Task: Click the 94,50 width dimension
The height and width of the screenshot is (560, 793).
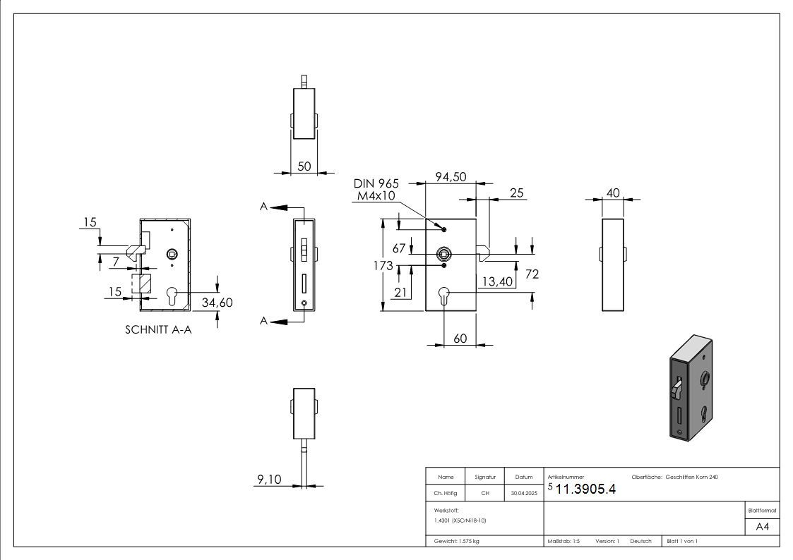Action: [x=451, y=178]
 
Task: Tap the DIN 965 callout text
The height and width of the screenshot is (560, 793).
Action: [x=376, y=183]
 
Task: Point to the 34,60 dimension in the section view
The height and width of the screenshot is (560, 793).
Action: [x=217, y=303]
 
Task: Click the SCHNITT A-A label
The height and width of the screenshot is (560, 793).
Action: [x=158, y=330]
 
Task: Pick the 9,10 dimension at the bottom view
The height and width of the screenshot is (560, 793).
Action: [x=268, y=480]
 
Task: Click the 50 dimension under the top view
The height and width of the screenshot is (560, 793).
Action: [x=304, y=166]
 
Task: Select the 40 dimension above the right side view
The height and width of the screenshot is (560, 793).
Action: [x=613, y=193]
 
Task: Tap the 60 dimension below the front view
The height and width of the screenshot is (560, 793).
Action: [x=460, y=339]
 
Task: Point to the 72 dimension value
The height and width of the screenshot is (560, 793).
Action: [x=532, y=274]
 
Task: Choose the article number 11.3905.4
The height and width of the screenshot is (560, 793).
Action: [x=586, y=490]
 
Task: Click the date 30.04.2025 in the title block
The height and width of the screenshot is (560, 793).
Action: [x=523, y=494]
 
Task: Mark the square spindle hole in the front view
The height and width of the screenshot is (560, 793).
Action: [x=443, y=253]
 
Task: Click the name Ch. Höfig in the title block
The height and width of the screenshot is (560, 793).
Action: [x=446, y=494]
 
